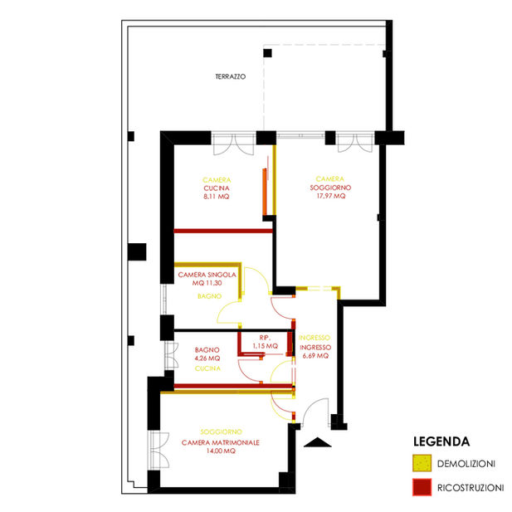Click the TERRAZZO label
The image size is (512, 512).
click(x=231, y=76)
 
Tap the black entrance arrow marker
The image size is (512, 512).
click(x=317, y=442)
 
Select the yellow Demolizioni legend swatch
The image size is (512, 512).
click(x=422, y=463)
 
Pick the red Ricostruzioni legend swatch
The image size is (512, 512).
click(x=422, y=487)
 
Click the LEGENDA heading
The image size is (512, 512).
click(x=441, y=441)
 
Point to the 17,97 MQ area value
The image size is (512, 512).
click(x=331, y=196)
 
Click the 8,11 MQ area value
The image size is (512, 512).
click(x=217, y=197)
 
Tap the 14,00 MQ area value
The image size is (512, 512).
click(x=221, y=451)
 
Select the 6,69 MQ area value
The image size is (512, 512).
click(x=315, y=356)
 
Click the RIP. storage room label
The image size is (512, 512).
click(x=264, y=338)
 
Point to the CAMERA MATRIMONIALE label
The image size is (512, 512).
click(x=221, y=443)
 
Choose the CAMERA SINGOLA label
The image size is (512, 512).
click(x=207, y=275)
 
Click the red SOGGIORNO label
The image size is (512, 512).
click(x=330, y=188)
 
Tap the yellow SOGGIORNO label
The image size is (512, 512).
click(x=221, y=432)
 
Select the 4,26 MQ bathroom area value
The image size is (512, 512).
click(x=207, y=358)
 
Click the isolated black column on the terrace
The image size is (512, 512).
click(x=267, y=53)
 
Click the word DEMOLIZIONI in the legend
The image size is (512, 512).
click(x=466, y=464)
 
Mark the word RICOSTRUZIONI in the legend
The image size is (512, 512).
click(x=471, y=488)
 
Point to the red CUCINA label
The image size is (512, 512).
click(x=217, y=188)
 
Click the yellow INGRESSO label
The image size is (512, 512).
click(x=315, y=338)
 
